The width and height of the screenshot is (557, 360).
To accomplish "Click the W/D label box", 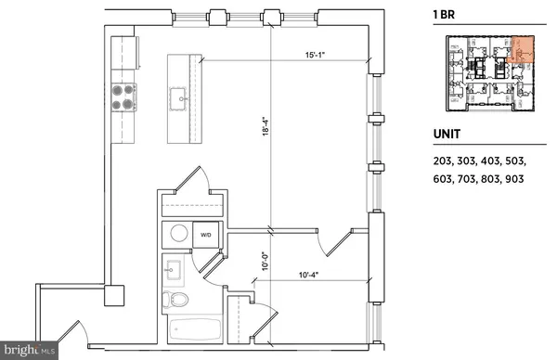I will [206, 235].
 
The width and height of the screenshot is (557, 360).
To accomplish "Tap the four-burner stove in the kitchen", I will [123, 96].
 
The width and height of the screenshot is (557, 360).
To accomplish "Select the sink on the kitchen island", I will [177, 97].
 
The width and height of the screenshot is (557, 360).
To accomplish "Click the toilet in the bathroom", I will [175, 300].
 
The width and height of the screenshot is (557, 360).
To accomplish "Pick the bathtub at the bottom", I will [194, 330].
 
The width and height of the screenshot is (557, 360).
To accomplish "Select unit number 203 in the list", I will [445, 161].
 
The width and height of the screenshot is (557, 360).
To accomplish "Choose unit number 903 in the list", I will [515, 179].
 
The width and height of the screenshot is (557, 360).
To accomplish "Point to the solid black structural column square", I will [113, 295].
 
